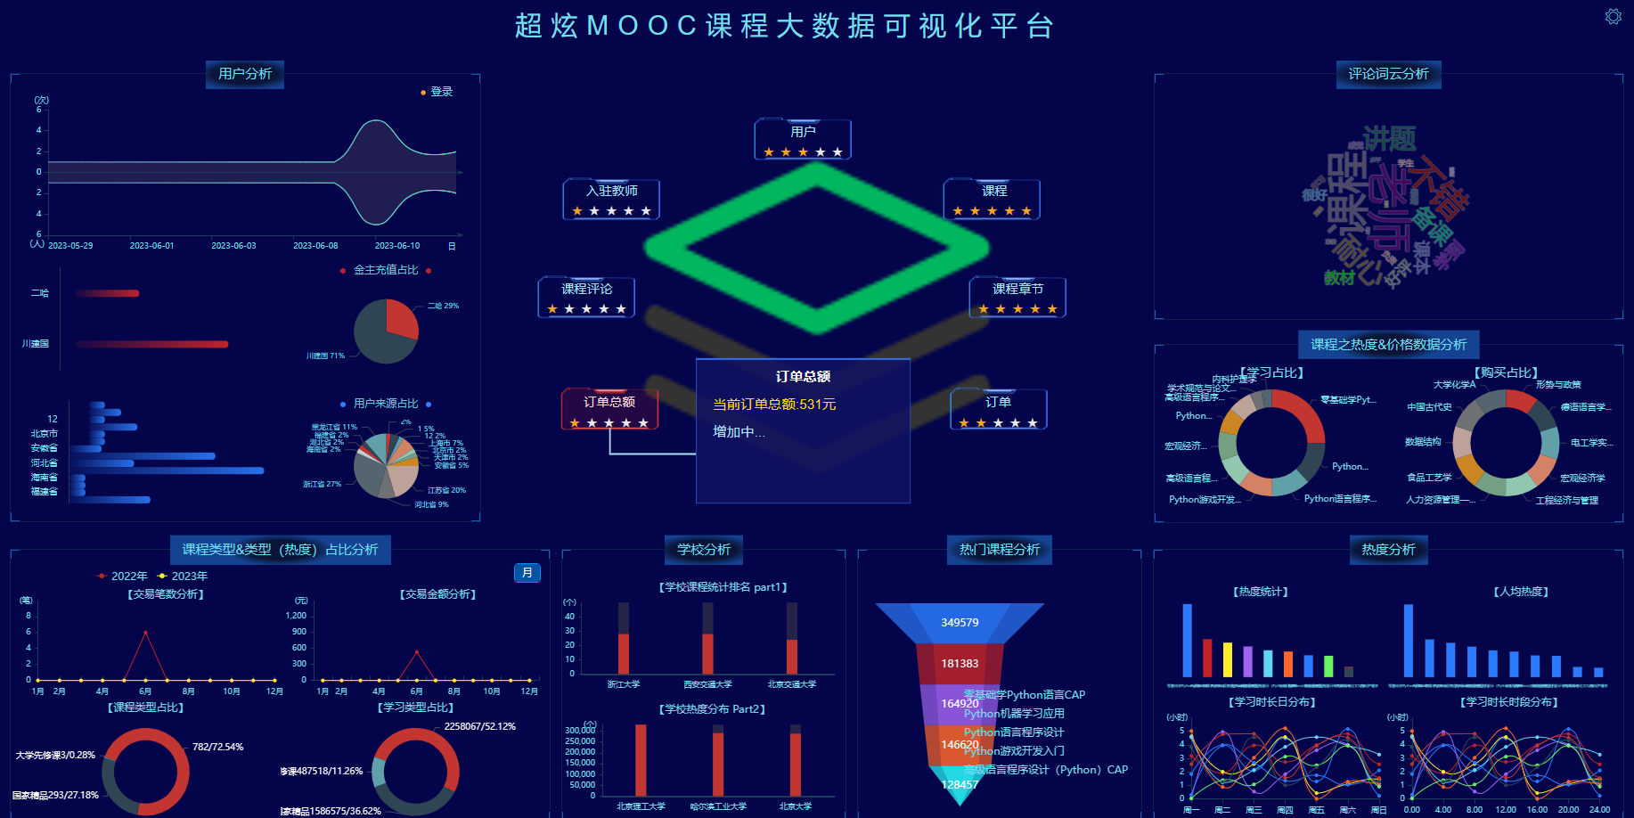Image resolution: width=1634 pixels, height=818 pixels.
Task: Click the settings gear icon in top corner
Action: tap(1613, 17)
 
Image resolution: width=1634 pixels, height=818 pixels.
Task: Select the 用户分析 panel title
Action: tap(245, 74)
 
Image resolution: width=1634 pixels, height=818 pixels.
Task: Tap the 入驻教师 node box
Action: tap(611, 199)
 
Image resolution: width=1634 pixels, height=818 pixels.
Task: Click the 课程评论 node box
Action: tap(586, 297)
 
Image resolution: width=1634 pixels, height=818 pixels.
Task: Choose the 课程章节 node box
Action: tap(1017, 297)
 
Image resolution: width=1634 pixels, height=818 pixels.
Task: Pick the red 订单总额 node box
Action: tap(609, 409)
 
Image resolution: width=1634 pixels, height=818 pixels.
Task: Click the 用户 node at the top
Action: tap(803, 139)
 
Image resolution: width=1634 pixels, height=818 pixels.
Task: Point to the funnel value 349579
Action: tap(960, 623)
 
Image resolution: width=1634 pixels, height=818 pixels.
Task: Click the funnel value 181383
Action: tap(960, 664)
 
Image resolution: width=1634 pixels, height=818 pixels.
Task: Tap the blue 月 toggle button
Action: tap(527, 573)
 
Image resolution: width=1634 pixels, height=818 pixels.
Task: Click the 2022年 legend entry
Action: tap(122, 577)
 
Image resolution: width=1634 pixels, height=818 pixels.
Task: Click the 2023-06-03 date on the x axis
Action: tap(233, 246)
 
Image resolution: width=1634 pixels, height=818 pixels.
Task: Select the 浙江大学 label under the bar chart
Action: tap(624, 684)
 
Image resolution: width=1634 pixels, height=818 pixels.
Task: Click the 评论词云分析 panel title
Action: tap(1388, 74)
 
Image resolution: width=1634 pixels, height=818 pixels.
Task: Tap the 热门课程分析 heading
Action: tap(999, 550)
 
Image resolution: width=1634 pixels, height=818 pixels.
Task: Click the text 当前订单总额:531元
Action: tap(774, 405)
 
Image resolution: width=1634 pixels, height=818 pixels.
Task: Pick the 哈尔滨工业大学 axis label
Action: tap(718, 806)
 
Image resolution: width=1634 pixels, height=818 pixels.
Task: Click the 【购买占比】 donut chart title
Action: tap(1506, 372)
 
